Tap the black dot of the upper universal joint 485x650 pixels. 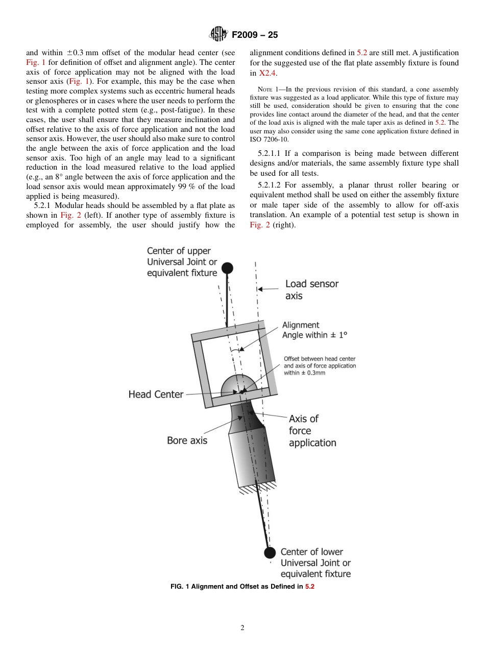(x=227, y=267)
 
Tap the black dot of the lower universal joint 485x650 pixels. (x=270, y=552)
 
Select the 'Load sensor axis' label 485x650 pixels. (x=311, y=290)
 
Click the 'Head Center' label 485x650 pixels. (x=156, y=394)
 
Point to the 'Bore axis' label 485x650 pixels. (x=187, y=440)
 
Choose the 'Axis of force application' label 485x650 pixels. (x=312, y=431)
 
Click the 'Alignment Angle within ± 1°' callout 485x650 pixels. (x=314, y=330)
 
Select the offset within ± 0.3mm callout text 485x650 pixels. (x=320, y=366)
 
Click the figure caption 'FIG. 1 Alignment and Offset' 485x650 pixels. (x=242, y=587)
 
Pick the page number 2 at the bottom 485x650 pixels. (x=243, y=628)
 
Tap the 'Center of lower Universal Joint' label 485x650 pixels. (x=316, y=563)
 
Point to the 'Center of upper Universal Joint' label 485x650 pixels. (x=182, y=262)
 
